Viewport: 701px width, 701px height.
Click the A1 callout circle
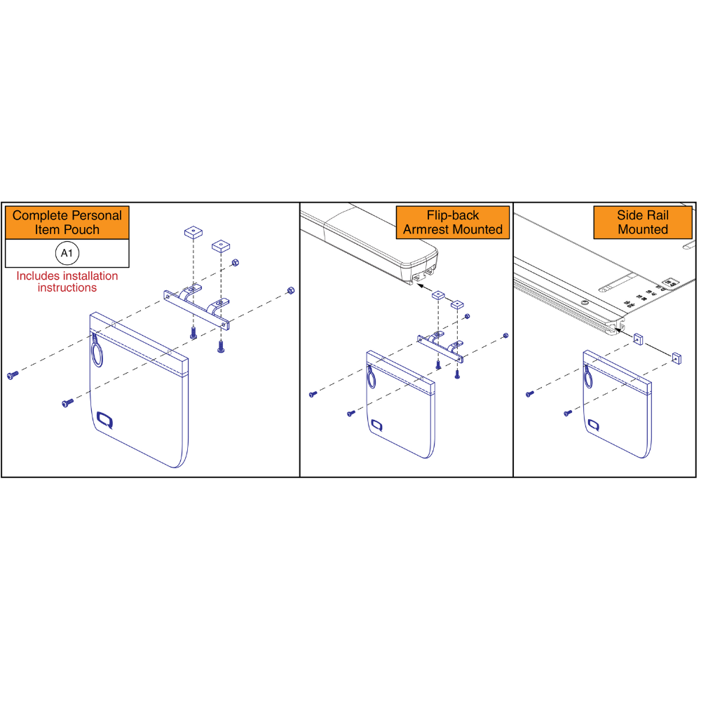(x=67, y=253)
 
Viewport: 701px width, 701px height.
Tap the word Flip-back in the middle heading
(x=452, y=215)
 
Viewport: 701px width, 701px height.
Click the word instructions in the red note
(x=67, y=287)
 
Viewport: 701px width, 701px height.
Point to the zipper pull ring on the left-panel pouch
(x=97, y=350)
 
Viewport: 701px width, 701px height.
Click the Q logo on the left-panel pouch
(x=105, y=420)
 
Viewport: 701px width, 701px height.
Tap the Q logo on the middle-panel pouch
(x=377, y=426)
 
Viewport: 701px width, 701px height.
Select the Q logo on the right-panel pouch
(x=594, y=425)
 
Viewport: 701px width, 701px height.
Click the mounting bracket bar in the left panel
(x=196, y=310)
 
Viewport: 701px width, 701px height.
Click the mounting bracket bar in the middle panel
(x=440, y=348)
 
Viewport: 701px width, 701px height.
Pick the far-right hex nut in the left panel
(x=290, y=291)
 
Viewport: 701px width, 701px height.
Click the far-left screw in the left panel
(x=13, y=375)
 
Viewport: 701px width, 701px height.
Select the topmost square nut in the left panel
(x=193, y=232)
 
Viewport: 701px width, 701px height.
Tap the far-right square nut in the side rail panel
(x=676, y=358)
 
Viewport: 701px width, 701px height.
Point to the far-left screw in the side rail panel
(x=530, y=393)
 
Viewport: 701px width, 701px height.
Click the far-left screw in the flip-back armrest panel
(x=313, y=394)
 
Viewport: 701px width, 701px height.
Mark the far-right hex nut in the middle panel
(x=505, y=335)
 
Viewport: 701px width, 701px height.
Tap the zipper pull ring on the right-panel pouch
(x=588, y=376)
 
